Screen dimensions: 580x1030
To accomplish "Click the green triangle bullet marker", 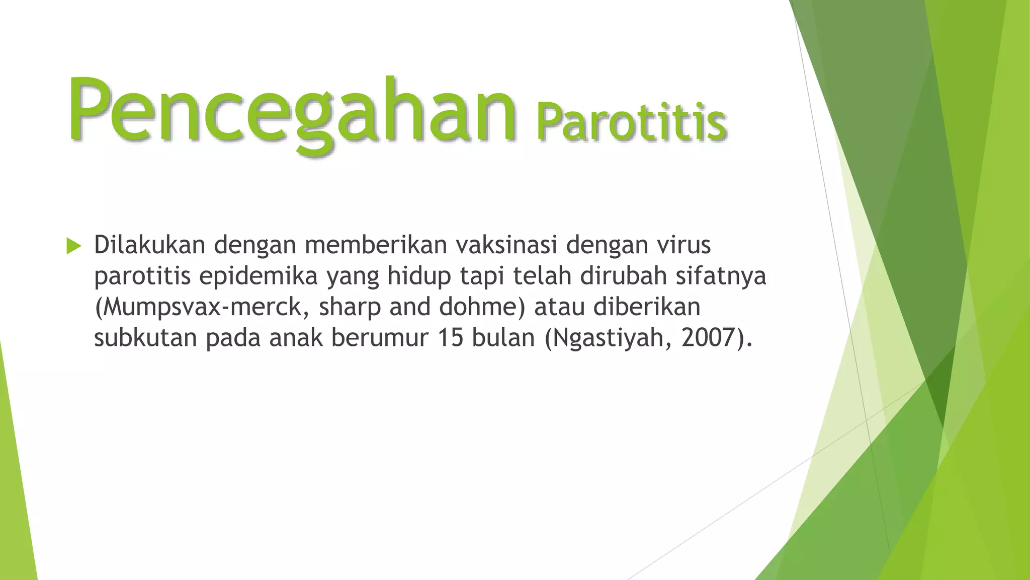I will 73,246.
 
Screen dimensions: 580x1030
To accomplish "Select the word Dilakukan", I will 149,245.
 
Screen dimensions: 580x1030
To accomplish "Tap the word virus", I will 683,245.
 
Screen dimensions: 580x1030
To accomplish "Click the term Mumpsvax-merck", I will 202,307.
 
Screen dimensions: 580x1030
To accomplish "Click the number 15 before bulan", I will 450,338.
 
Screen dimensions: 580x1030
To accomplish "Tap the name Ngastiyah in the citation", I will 611,338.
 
